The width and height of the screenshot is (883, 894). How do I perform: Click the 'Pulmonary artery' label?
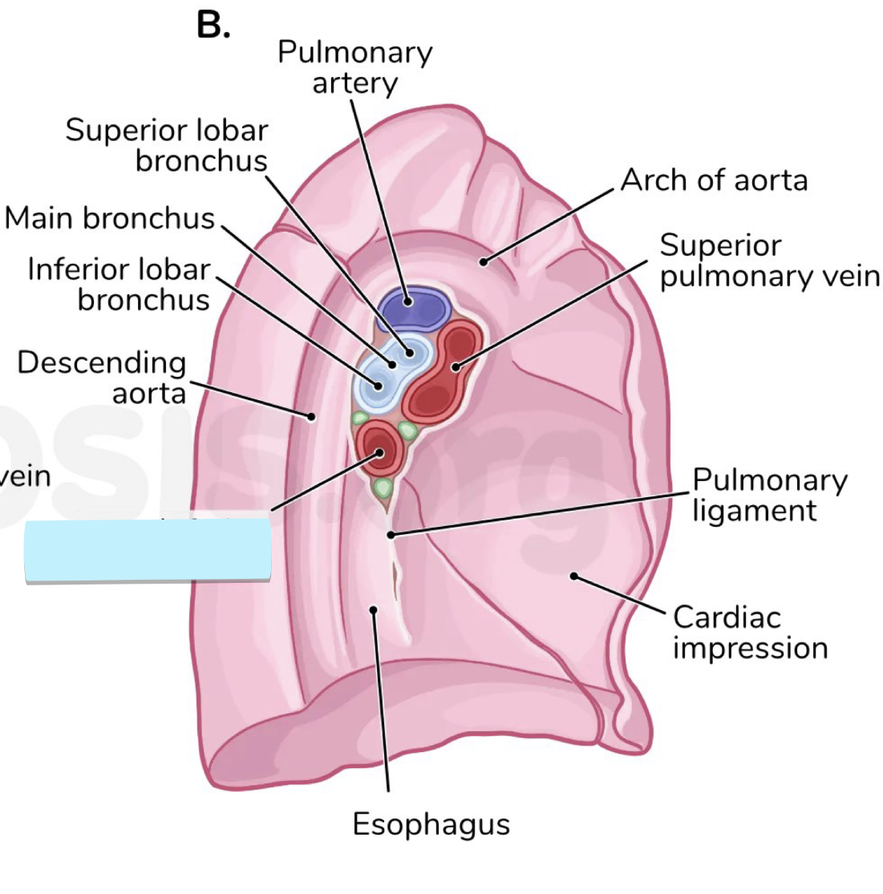pyautogui.click(x=354, y=67)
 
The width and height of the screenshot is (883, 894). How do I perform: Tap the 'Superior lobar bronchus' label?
pyautogui.click(x=167, y=145)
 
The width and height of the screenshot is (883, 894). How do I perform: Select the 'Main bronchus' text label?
pyautogui.click(x=110, y=218)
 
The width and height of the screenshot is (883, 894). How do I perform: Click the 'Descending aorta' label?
pyautogui.click(x=102, y=377)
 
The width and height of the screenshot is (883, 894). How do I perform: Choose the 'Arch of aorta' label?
pyautogui.click(x=714, y=180)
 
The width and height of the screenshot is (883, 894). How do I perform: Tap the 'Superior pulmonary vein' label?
pyautogui.click(x=768, y=261)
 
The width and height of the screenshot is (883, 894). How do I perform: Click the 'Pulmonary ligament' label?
pyautogui.click(x=768, y=495)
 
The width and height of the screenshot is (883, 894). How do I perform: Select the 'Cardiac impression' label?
pyautogui.click(x=749, y=632)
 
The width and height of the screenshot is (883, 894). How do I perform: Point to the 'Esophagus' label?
pyautogui.click(x=431, y=824)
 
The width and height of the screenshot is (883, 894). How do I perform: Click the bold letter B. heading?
pyautogui.click(x=213, y=26)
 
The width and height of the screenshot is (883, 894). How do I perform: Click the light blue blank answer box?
pyautogui.click(x=148, y=550)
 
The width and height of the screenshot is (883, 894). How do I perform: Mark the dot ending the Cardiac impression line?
pyautogui.click(x=573, y=575)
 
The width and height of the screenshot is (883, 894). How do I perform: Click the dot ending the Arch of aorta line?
pyautogui.click(x=484, y=261)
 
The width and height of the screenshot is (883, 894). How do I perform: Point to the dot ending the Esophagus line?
pyautogui.click(x=373, y=610)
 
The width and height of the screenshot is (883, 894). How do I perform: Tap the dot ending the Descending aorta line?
pyautogui.click(x=311, y=415)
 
